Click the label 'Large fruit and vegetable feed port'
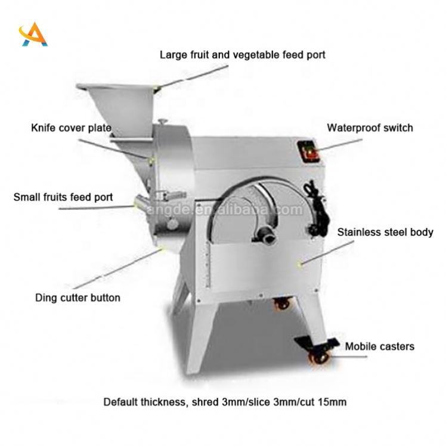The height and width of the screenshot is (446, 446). tap(242, 55)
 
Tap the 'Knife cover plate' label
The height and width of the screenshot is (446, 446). tap(71, 128)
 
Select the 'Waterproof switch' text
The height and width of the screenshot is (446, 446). tap(369, 128)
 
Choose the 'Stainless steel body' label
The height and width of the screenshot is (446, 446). tap(385, 232)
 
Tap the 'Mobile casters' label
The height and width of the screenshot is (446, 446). tap(380, 346)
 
